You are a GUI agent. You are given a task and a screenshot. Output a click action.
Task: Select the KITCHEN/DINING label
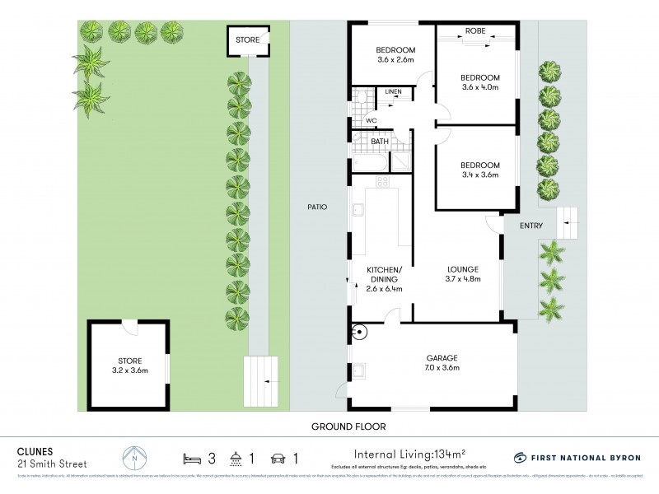point(384,274)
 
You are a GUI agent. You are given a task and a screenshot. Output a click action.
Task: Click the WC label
point(371,120)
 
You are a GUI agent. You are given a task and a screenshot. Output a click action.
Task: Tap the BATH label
point(380,142)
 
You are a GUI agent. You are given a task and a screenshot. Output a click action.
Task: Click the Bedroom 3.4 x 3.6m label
point(480,170)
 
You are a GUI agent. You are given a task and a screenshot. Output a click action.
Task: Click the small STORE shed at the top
point(247,40)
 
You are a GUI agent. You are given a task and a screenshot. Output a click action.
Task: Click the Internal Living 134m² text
point(409,453)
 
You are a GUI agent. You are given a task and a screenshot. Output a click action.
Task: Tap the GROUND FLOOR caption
point(348,426)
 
